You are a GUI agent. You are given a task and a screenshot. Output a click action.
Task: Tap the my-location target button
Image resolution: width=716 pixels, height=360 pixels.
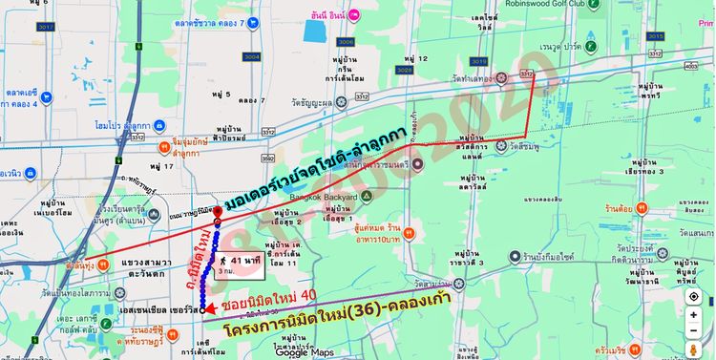click(694, 296)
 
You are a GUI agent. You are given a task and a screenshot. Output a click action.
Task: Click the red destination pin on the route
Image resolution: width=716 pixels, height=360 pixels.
click(217, 212)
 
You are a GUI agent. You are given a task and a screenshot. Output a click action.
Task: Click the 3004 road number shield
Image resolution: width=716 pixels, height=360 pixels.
click(224, 56)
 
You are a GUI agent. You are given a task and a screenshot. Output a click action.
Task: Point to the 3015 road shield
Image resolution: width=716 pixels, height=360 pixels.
click(654, 36)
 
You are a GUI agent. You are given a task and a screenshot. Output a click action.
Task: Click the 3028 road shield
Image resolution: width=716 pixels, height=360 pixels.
click(404, 69)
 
